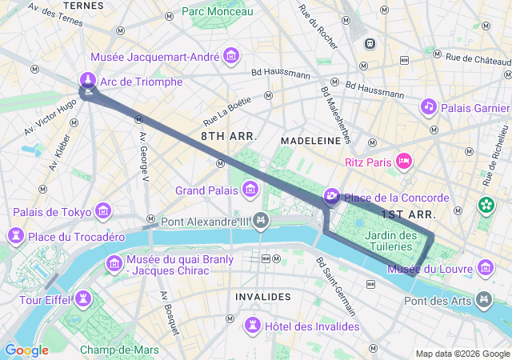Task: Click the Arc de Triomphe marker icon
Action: pyautogui.click(x=87, y=81)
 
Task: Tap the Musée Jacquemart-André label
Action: pyautogui.click(x=156, y=57)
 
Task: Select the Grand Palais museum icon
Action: pyautogui.click(x=250, y=190)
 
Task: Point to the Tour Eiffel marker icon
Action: pyautogui.click(x=82, y=299)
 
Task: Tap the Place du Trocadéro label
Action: pyautogui.click(x=76, y=237)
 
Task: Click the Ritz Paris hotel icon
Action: pyautogui.click(x=404, y=162)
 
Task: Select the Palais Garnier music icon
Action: pyautogui.click(x=429, y=106)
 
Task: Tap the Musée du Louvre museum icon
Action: pyautogui.click(x=485, y=268)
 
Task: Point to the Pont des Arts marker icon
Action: pyautogui.click(x=483, y=301)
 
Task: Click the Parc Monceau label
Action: pyautogui.click(x=217, y=11)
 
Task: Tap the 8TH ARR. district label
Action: pyautogui.click(x=229, y=137)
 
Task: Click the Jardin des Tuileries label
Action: pyautogui.click(x=390, y=241)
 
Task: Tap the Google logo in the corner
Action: pyautogui.click(x=26, y=350)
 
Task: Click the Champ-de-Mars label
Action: pyautogui.click(x=118, y=350)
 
